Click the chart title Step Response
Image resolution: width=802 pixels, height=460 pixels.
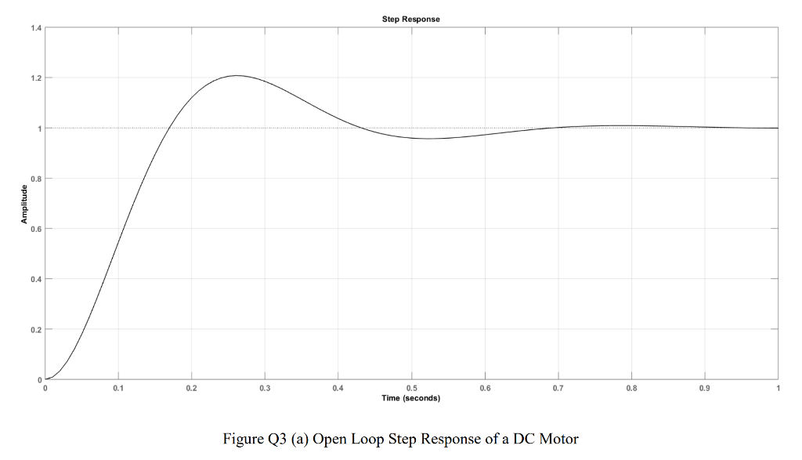411,19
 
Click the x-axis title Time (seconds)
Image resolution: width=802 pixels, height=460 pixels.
411,398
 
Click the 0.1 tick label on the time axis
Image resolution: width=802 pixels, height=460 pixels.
118,388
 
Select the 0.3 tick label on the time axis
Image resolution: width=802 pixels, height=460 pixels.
265,388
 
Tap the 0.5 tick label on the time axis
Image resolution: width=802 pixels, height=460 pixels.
411,388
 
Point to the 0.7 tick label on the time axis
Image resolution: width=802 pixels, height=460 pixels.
558,388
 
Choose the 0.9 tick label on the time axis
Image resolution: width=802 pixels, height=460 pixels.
705,388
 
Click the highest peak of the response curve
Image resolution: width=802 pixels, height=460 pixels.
237,76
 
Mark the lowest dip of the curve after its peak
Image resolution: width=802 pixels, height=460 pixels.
428,139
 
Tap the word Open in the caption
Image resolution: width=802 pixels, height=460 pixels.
330,438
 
